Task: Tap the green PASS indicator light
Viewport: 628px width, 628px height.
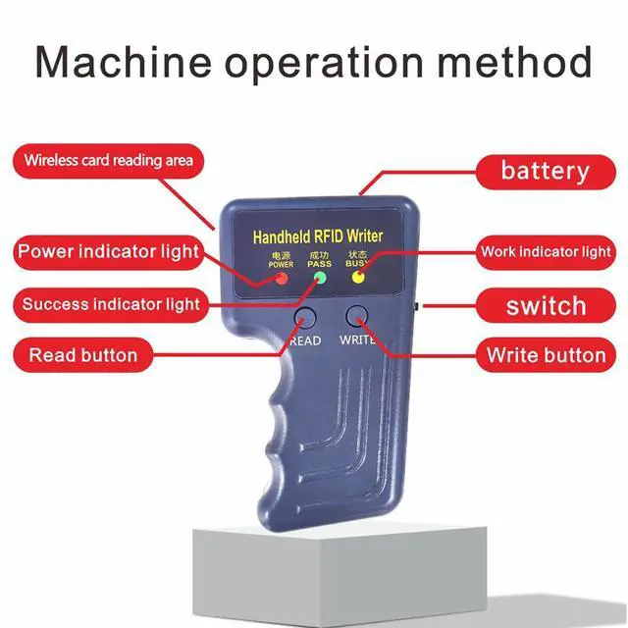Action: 319,279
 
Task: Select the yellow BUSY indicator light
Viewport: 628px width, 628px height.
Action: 358,277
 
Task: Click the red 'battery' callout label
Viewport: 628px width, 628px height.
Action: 545,171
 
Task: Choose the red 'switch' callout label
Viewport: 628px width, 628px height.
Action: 546,306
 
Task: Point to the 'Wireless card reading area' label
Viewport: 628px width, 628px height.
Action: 108,159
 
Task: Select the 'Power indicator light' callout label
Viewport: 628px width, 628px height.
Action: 108,252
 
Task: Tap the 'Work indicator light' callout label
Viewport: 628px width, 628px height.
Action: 546,252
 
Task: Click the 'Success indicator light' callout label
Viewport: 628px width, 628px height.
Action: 111,304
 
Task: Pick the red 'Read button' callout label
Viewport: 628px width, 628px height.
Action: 82,354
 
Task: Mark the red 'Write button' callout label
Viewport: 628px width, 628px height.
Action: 546,354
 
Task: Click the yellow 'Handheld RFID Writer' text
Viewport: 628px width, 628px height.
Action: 319,237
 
